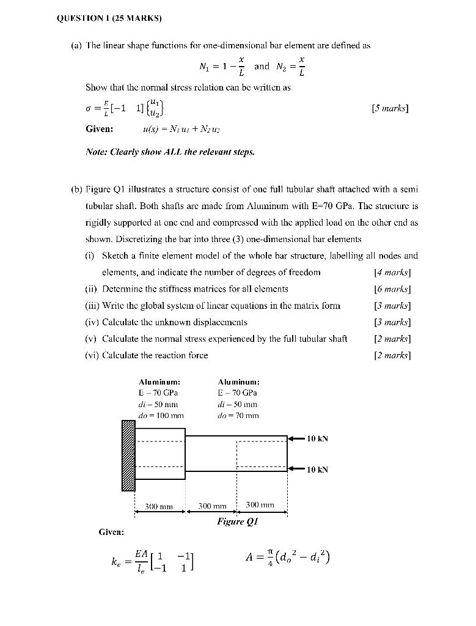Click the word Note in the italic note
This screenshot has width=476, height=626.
pos(95,152)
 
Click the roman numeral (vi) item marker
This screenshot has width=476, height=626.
pos(92,355)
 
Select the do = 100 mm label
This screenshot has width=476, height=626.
pos(161,416)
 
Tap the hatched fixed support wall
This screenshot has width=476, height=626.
pos(128,455)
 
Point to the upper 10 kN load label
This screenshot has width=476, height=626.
pos(318,438)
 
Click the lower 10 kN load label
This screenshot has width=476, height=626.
pos(318,469)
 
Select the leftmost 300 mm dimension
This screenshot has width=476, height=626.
pos(159,506)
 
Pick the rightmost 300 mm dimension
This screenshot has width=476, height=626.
pos(260,505)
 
